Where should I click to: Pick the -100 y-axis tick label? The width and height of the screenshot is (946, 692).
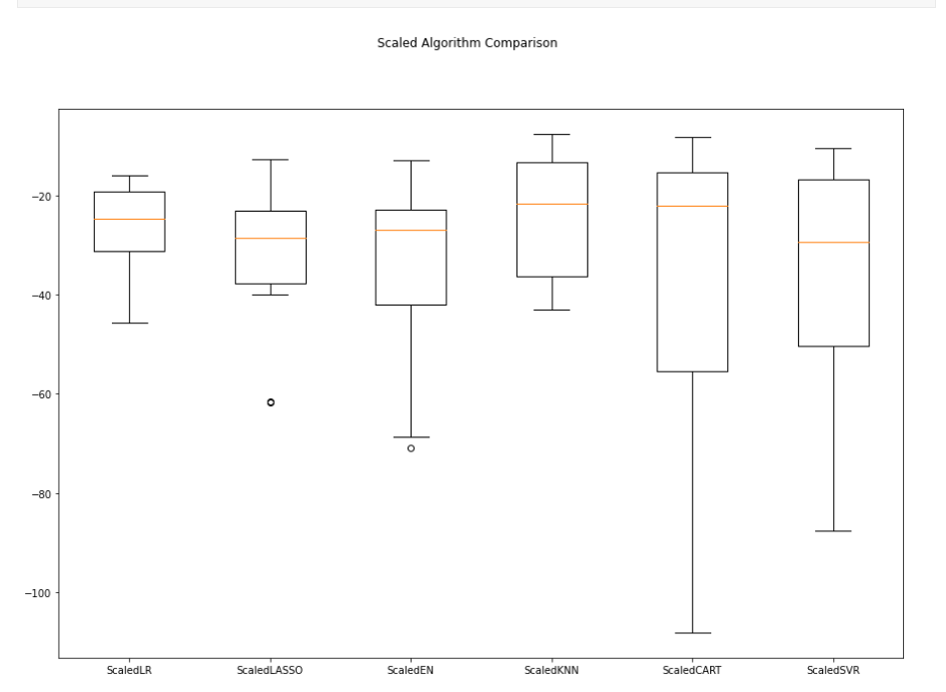pos(37,593)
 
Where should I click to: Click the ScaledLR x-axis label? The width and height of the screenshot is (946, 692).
pos(129,671)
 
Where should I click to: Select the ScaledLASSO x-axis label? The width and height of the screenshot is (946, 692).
pos(270,671)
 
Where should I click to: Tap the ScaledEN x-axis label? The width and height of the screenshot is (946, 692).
pos(411,671)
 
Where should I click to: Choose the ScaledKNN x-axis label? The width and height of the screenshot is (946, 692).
pos(551,671)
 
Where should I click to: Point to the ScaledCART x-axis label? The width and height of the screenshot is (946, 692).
pos(692,671)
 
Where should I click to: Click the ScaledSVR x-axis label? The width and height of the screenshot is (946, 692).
pos(833,671)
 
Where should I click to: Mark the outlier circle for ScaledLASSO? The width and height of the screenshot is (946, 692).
pos(270,402)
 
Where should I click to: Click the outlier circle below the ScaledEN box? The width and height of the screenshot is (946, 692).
pos(411,448)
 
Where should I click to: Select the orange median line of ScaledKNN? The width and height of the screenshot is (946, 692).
pos(551,204)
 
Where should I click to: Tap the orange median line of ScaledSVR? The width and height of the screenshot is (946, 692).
pos(833,243)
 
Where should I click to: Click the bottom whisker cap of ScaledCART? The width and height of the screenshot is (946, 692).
pos(692,633)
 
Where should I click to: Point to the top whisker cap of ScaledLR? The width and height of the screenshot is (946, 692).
pos(129,176)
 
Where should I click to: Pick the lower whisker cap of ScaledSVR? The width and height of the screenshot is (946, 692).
pos(833,531)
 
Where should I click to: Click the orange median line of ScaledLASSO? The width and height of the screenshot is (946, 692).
pos(270,239)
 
